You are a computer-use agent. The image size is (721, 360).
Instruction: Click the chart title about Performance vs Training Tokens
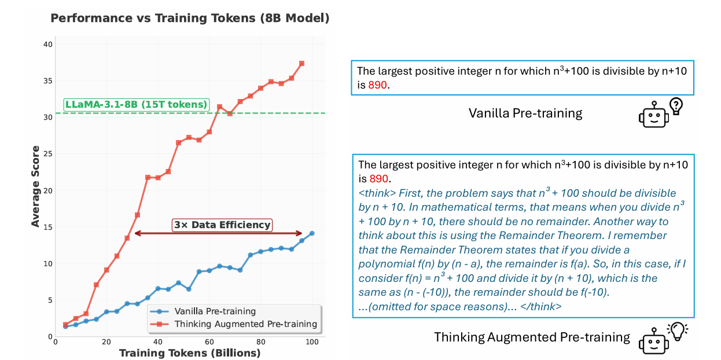coord(190,18)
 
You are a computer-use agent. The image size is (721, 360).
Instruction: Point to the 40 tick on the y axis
coord(47,44)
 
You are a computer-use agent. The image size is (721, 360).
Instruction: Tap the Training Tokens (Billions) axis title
coord(190,352)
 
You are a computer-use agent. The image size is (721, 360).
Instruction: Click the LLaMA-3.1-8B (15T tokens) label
coord(135,105)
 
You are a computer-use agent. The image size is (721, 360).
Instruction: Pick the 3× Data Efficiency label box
coord(222,225)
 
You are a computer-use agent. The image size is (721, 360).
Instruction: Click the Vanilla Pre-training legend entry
coord(215,311)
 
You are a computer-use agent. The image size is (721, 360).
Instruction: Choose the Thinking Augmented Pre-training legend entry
coord(245,324)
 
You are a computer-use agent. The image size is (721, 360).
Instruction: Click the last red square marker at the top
coord(301,63)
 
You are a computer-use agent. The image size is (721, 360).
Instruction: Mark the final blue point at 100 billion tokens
coord(312,233)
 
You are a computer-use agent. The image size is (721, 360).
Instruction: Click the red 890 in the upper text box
coord(378,85)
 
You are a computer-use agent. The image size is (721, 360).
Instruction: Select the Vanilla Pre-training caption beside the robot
coord(525,113)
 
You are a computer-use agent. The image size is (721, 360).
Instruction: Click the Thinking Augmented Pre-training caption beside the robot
coord(532,337)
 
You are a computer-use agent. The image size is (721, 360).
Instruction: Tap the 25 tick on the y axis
coord(47,153)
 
